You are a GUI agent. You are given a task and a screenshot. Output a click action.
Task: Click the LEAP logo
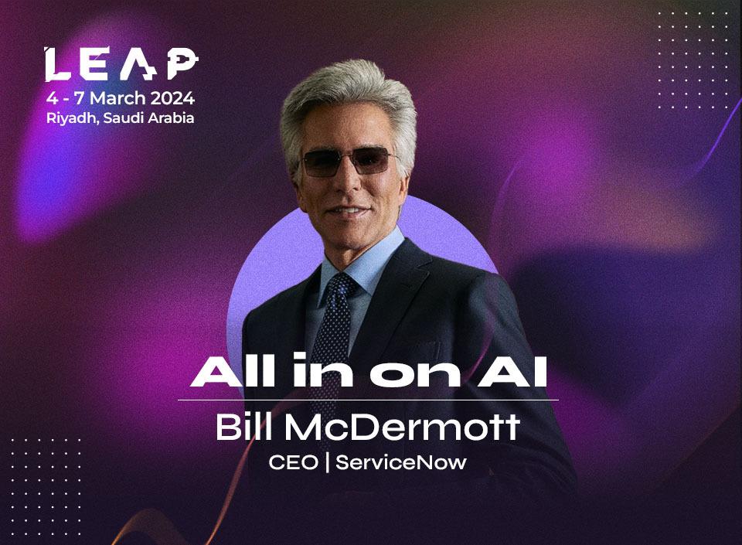(120, 65)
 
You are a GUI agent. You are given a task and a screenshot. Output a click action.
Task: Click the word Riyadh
(66, 118)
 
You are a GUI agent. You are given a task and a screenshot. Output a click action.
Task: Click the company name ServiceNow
(402, 463)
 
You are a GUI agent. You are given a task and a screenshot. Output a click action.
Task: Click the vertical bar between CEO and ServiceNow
(327, 463)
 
